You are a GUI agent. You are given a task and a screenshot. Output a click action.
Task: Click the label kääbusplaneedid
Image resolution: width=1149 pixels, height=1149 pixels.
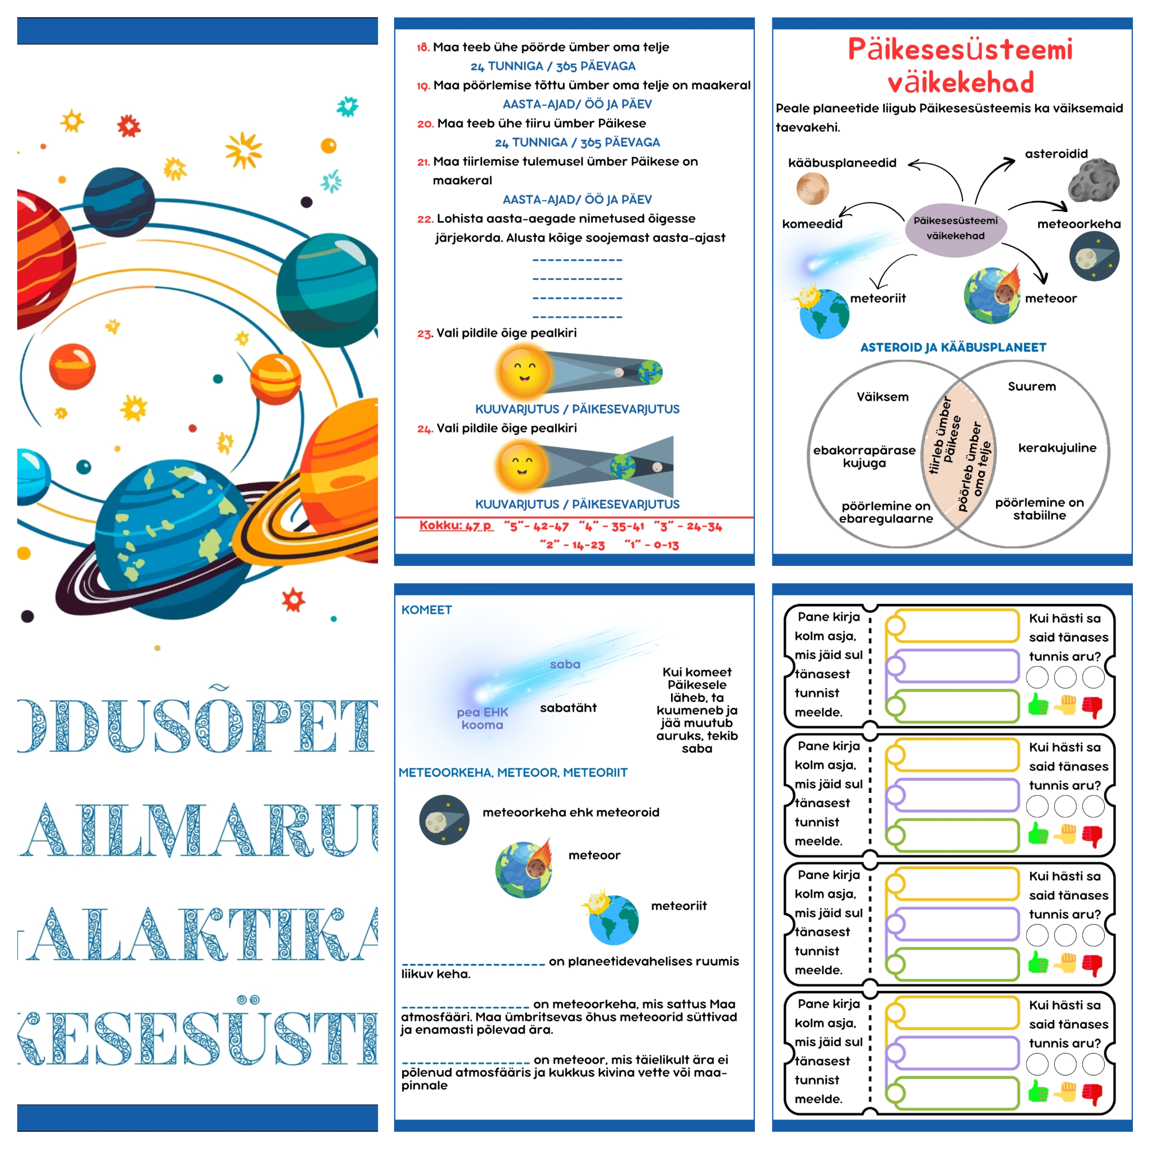842,163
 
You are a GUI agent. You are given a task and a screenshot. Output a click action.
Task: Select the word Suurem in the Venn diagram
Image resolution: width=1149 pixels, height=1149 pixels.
1032,387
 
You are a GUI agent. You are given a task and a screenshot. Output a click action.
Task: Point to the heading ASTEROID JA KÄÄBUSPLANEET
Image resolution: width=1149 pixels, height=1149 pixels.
953,348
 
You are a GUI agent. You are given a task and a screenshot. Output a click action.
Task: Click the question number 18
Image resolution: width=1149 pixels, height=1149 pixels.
423,48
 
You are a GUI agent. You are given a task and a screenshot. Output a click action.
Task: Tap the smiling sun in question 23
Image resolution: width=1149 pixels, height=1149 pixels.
523,372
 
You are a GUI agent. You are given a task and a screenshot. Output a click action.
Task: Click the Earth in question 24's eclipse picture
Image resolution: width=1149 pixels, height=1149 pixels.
622,466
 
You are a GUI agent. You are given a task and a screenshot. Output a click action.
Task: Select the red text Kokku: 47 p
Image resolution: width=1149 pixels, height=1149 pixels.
456,526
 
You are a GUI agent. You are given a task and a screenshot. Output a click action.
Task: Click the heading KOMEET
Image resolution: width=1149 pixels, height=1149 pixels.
426,610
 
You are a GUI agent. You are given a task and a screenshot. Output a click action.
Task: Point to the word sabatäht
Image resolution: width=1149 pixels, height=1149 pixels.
568,708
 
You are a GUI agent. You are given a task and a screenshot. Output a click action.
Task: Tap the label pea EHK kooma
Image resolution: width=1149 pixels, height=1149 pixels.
483,719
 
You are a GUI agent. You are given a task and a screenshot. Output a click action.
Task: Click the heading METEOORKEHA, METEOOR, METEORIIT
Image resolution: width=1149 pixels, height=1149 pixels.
512,773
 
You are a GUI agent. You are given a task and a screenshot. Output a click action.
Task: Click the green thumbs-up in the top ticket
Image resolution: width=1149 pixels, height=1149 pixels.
1038,705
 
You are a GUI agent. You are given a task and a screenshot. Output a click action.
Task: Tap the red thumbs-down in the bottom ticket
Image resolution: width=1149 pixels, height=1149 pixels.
1092,1093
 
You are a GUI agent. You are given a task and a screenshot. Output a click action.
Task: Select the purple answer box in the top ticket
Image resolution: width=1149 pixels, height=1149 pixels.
953,666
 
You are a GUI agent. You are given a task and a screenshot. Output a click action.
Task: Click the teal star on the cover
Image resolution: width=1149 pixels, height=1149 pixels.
348,106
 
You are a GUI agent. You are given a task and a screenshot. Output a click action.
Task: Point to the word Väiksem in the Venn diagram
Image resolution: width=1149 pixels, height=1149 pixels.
882,396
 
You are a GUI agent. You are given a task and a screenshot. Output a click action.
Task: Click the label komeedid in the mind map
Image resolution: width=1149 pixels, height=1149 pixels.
812,224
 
